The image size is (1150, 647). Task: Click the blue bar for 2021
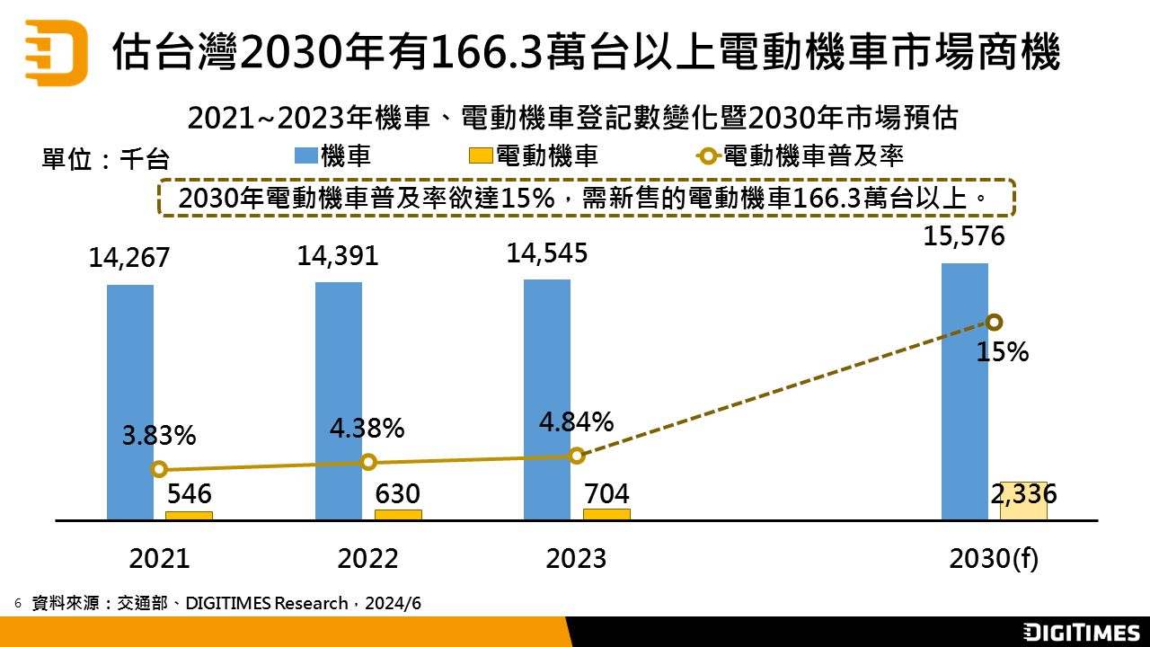point(130,402)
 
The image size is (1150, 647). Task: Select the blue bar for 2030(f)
point(965,391)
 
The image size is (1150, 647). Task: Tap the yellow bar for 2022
point(398,515)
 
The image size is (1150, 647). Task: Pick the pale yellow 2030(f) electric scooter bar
point(1023,501)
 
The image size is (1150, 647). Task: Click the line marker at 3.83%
point(160,469)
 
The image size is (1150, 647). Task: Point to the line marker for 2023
point(577,456)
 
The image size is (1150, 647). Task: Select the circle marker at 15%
point(994,323)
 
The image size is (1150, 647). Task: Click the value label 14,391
point(338,256)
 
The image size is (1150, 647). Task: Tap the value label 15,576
point(964,237)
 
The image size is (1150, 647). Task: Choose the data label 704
point(606,493)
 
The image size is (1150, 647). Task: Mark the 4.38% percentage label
point(367,429)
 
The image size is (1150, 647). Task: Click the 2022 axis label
point(367,559)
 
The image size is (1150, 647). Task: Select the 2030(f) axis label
point(994,559)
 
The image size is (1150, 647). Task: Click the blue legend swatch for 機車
point(306,156)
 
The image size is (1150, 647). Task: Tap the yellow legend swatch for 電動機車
point(482,156)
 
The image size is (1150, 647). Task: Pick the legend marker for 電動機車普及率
point(709,156)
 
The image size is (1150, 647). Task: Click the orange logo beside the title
point(56,51)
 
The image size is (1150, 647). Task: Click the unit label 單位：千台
point(106,159)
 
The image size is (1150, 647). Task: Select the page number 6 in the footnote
point(18,603)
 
